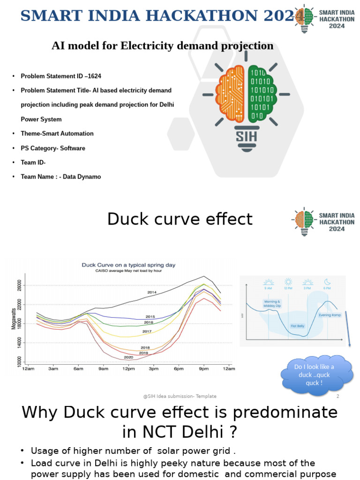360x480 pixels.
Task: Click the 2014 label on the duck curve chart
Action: (151, 292)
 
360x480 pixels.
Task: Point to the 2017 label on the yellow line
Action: (147, 332)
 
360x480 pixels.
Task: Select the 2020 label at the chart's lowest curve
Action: (128, 357)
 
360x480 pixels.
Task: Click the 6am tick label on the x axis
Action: (78, 369)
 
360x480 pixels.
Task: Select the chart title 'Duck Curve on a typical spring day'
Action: (128, 265)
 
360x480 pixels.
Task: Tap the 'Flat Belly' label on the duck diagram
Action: (297, 326)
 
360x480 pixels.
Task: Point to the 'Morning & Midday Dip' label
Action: (272, 304)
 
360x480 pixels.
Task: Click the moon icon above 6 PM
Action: (328, 282)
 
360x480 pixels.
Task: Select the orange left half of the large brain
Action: (231, 93)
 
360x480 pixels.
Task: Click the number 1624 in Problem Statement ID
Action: (93, 76)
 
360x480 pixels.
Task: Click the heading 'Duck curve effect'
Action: (180, 219)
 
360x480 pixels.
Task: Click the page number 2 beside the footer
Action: (337, 396)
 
